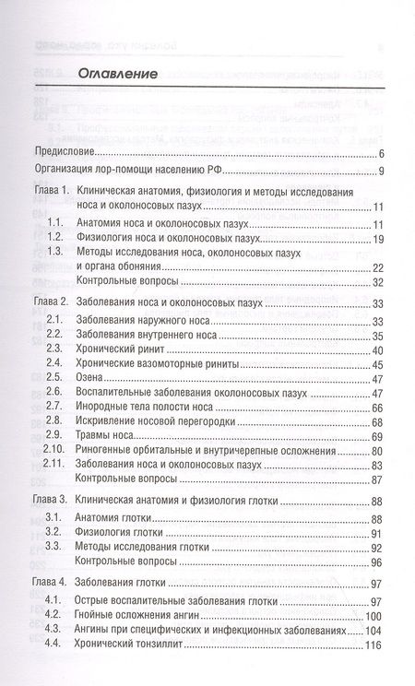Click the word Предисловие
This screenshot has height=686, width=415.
pyautogui.click(x=65, y=152)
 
